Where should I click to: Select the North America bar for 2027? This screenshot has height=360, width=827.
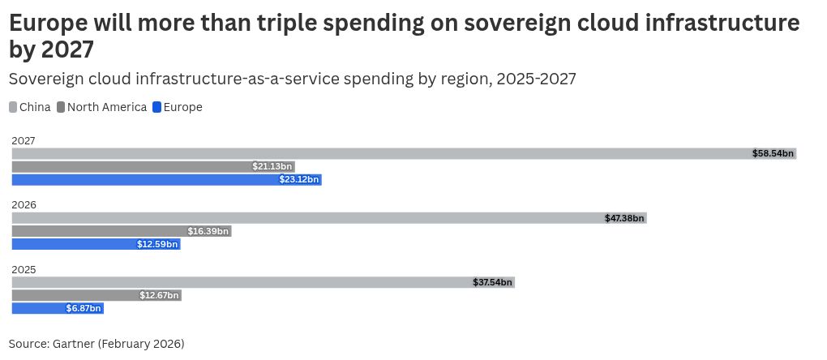tap(130, 166)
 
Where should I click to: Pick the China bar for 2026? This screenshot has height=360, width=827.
tap(308, 218)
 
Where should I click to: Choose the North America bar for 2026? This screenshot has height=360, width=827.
tap(97, 231)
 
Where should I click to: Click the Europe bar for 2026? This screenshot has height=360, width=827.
tap(73, 244)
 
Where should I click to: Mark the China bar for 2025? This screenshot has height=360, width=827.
tap(243, 282)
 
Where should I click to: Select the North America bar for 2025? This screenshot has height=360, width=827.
tap(73, 295)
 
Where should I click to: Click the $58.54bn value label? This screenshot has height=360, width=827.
tap(773, 153)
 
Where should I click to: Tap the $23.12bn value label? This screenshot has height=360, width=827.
tap(299, 179)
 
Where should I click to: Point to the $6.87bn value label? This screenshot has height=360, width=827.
tap(84, 308)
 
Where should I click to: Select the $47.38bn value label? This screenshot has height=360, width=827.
tap(624, 218)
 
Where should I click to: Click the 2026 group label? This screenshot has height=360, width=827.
tap(24, 205)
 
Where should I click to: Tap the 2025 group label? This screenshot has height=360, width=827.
tap(24, 269)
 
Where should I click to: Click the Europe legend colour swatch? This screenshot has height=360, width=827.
tap(157, 107)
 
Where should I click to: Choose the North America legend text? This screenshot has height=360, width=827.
tap(107, 107)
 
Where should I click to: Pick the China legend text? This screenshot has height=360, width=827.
tap(35, 107)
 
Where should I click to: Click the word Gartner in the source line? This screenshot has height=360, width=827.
tap(73, 344)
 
